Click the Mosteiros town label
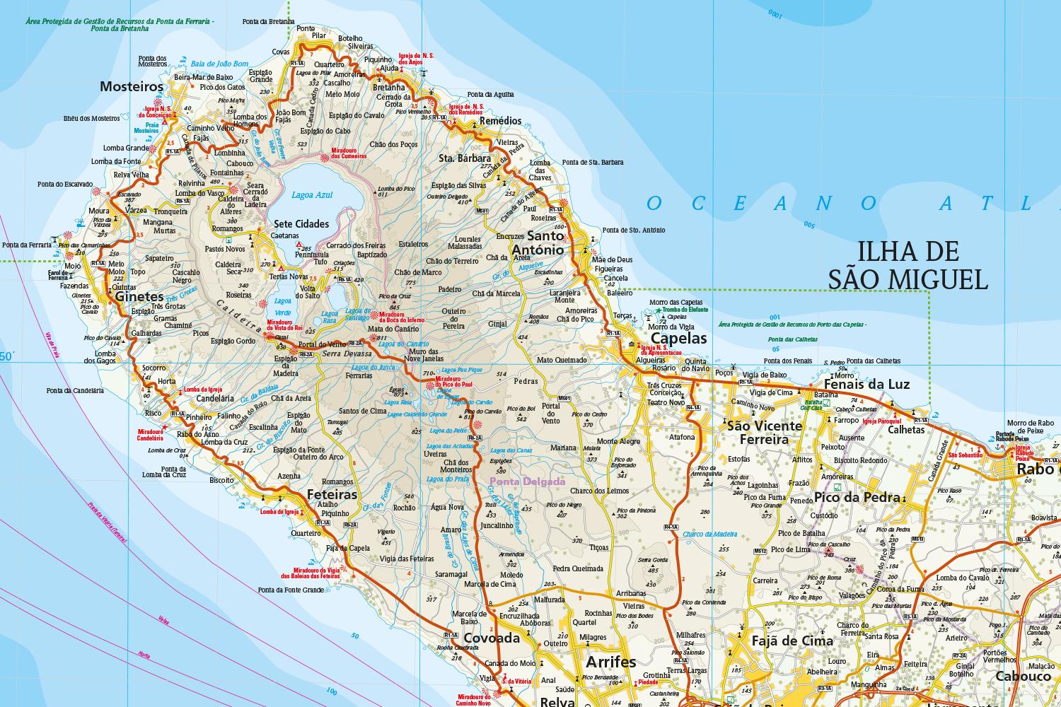click(x=132, y=87)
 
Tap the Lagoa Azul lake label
click(x=311, y=194)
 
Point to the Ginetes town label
click(x=139, y=298)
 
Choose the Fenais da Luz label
click(x=867, y=384)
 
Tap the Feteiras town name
click(x=332, y=494)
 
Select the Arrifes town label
click(x=610, y=662)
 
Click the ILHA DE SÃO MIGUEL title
click(x=908, y=265)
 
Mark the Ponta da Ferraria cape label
click(x=26, y=245)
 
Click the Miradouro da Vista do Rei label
click(x=284, y=325)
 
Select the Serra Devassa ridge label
click(x=342, y=353)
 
